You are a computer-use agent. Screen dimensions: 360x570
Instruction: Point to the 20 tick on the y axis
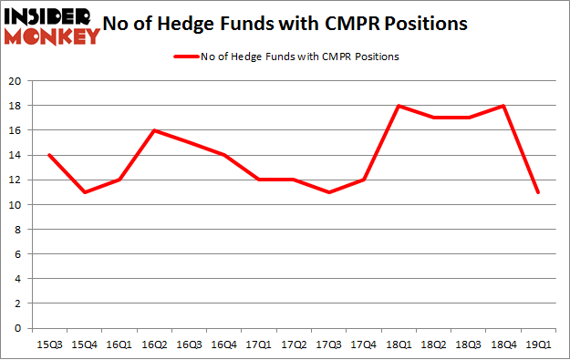(x=16, y=82)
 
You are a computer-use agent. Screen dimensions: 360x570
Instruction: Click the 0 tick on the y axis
(x=19, y=328)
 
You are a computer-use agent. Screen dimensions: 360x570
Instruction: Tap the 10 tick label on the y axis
(x=16, y=205)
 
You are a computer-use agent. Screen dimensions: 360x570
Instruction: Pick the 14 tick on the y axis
(x=16, y=156)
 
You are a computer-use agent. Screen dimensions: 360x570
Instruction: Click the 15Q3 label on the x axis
(x=48, y=345)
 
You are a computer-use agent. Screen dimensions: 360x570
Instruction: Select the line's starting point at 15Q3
(x=48, y=155)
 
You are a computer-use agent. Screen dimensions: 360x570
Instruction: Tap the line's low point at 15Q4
(x=84, y=192)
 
